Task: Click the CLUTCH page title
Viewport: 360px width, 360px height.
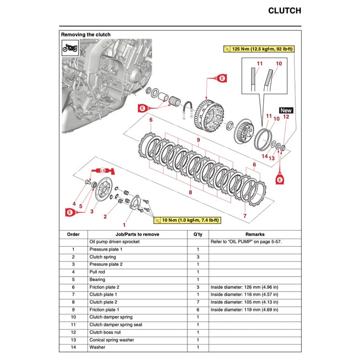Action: pyautogui.click(x=284, y=11)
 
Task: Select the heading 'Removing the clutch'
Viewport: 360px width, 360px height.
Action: pyautogui.click(x=85, y=35)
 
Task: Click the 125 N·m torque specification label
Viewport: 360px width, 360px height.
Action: pyautogui.click(x=259, y=49)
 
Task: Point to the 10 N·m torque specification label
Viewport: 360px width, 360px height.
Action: pyautogui.click(x=187, y=220)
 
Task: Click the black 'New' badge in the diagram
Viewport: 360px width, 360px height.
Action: pyautogui.click(x=286, y=110)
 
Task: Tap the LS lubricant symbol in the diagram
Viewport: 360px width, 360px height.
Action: pyautogui.click(x=102, y=171)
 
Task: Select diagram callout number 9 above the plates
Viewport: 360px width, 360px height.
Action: pyautogui.click(x=197, y=140)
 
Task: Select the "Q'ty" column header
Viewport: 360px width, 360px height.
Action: pyautogui.click(x=198, y=234)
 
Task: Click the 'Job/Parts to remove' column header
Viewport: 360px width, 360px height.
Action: pyautogui.click(x=137, y=234)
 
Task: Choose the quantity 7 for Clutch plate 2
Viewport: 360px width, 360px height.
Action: pyautogui.click(x=198, y=302)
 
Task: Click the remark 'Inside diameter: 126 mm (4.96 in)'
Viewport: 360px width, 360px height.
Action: pyautogui.click(x=244, y=287)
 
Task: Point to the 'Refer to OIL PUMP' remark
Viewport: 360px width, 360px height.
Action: pyautogui.click(x=246, y=241)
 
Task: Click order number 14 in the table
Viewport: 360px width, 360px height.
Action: pyautogui.click(x=73, y=347)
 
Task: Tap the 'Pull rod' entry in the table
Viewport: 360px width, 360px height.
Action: pyautogui.click(x=98, y=272)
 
